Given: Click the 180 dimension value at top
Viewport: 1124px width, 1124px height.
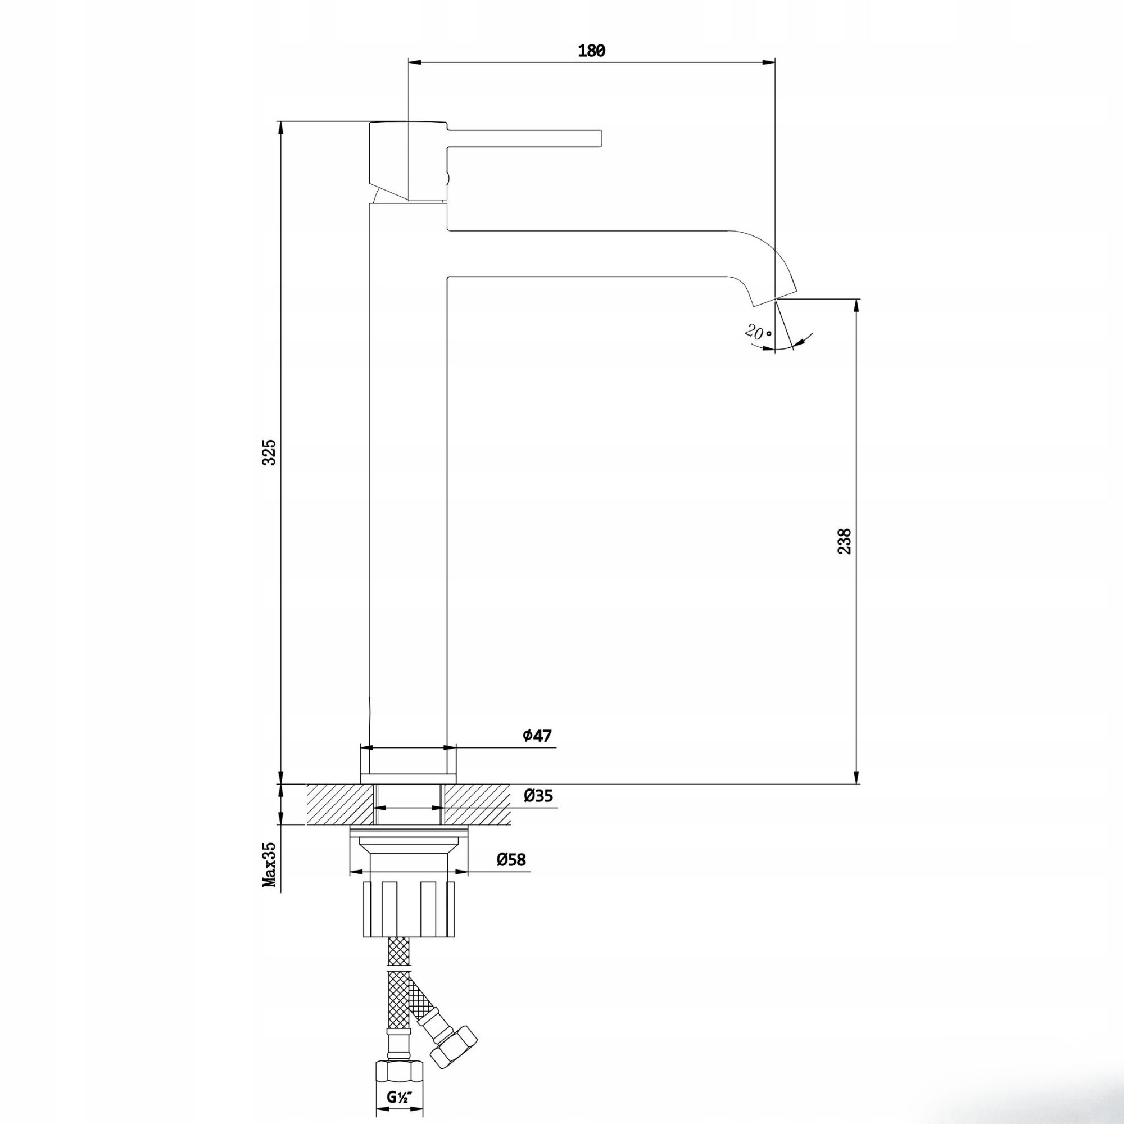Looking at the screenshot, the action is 592,51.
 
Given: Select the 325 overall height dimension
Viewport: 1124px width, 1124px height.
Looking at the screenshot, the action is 269,452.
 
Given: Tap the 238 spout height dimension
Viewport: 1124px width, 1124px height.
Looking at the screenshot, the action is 844,541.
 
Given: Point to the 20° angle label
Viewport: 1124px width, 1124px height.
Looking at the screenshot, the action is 758,333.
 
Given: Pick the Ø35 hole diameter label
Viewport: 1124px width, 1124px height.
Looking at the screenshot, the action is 538,796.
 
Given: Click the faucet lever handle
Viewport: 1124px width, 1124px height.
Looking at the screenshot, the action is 524,137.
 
